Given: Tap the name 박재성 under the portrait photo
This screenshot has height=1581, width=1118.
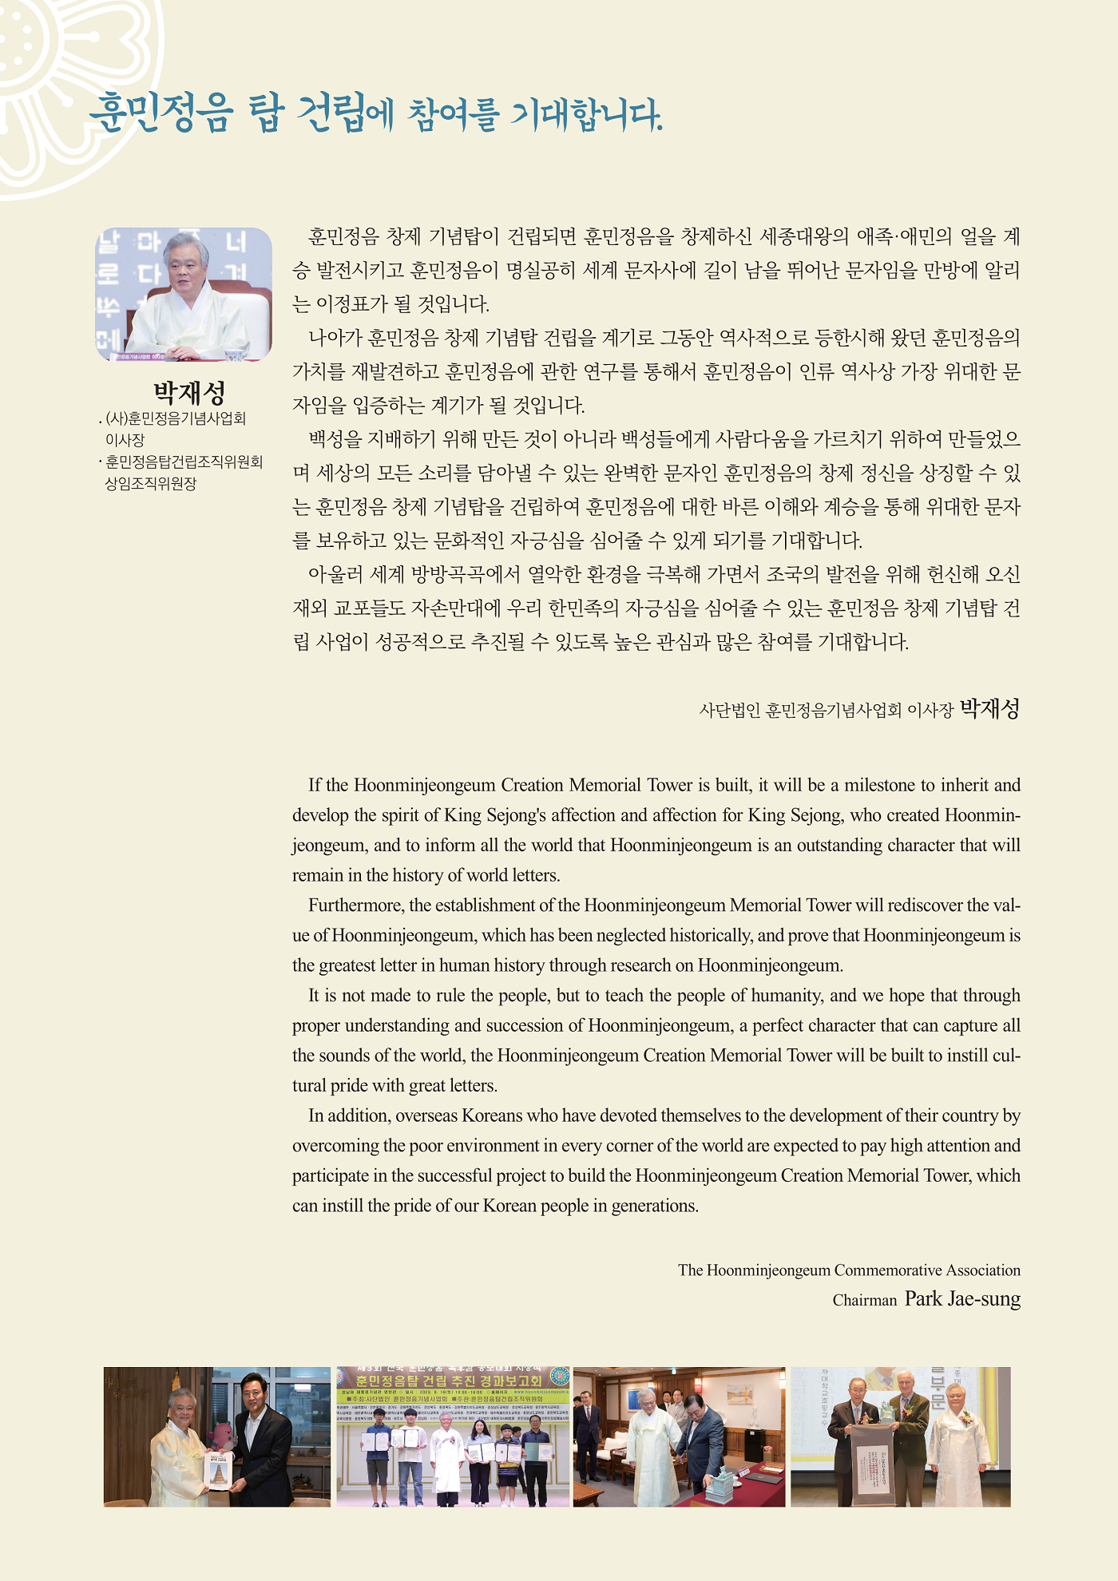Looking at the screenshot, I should pyautogui.click(x=189, y=392).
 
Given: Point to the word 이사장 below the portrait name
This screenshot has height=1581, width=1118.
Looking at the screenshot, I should pyautogui.click(x=125, y=439).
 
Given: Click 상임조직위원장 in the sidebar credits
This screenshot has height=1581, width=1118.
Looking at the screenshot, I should pyautogui.click(x=151, y=483).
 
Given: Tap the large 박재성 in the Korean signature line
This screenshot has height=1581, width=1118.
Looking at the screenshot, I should pyautogui.click(x=989, y=708).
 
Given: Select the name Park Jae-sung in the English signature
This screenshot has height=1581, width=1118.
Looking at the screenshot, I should pyautogui.click(x=962, y=1298).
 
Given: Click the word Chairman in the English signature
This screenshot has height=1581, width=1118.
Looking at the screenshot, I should pyautogui.click(x=865, y=1300).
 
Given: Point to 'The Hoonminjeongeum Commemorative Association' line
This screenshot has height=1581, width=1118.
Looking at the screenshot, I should pyautogui.click(x=849, y=1270).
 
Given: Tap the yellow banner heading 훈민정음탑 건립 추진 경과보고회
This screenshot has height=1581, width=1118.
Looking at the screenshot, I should pyautogui.click(x=450, y=1381).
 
